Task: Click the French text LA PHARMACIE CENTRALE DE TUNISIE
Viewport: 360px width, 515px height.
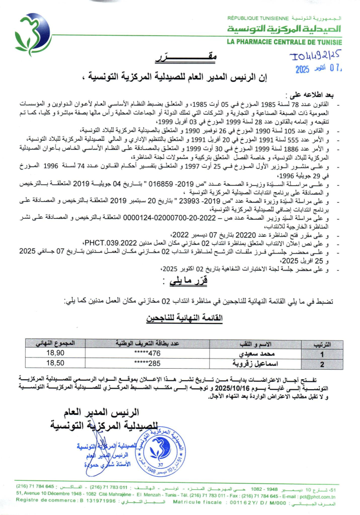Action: coord(284,42)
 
